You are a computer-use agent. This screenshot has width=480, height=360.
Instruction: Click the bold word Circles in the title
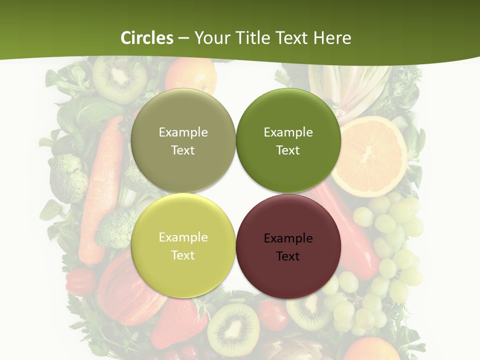[x=146, y=38]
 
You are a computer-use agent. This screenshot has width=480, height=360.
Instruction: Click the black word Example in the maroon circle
[x=288, y=238]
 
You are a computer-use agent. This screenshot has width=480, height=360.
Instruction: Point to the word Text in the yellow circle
[x=183, y=255]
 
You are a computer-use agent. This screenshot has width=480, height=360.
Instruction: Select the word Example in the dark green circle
[x=288, y=132]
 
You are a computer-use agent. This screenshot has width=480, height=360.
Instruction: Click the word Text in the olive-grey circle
[x=183, y=150]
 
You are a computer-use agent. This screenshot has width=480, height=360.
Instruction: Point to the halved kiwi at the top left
[x=119, y=77]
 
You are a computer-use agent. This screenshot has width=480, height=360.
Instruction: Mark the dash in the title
[x=183, y=38]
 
